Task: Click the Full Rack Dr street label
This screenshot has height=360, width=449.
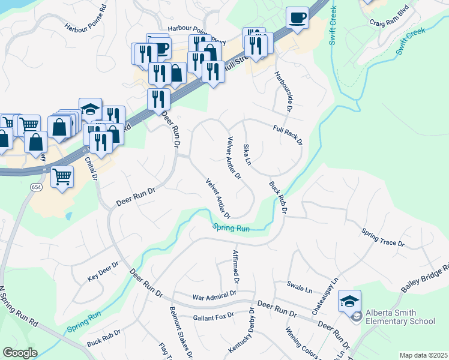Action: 287,134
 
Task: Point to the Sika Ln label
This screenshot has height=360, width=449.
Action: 246,155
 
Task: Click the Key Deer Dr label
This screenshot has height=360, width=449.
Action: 103,271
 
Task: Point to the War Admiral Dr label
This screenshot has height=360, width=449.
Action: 214,296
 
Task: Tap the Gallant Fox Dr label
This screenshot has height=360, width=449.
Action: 212,316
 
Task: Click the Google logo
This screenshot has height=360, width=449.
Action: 20,352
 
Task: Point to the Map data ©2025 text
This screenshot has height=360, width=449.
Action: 423,355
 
